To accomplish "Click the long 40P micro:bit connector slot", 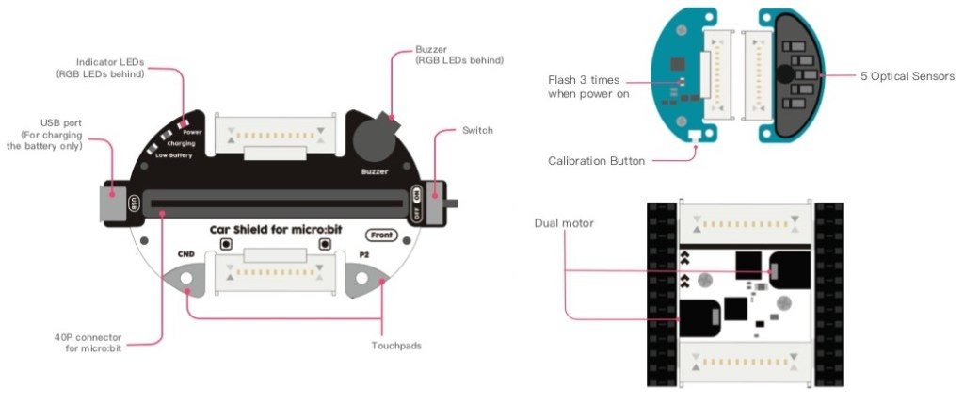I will click(277, 202).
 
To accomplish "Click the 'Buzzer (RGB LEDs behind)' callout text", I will click(458, 55).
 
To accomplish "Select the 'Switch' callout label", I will click(477, 130).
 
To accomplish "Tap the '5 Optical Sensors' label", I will click(908, 75).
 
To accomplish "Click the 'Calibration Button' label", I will click(596, 161).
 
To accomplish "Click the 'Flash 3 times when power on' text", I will click(589, 87).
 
